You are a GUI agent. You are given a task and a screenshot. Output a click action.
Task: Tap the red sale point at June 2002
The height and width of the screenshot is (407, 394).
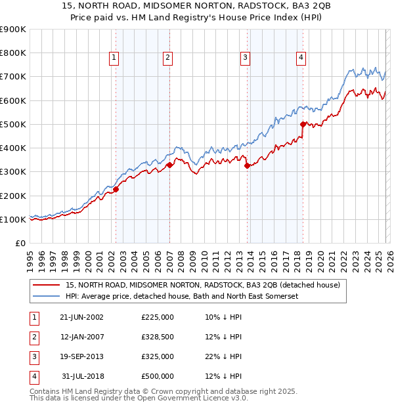(x=116, y=190)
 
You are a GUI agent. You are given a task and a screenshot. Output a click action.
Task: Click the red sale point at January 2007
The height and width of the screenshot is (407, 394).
(x=169, y=165)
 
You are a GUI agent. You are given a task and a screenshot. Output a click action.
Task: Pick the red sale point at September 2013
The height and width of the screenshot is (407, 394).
(x=247, y=166)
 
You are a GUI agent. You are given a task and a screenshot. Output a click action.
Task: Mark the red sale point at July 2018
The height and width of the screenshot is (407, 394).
(x=303, y=124)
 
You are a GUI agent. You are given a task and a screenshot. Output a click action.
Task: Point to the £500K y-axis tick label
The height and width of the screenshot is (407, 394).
(x=12, y=124)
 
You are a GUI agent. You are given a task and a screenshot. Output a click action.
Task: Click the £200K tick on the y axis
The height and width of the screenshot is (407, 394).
(x=12, y=196)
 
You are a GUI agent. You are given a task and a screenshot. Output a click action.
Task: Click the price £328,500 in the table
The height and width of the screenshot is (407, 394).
(x=157, y=337)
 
